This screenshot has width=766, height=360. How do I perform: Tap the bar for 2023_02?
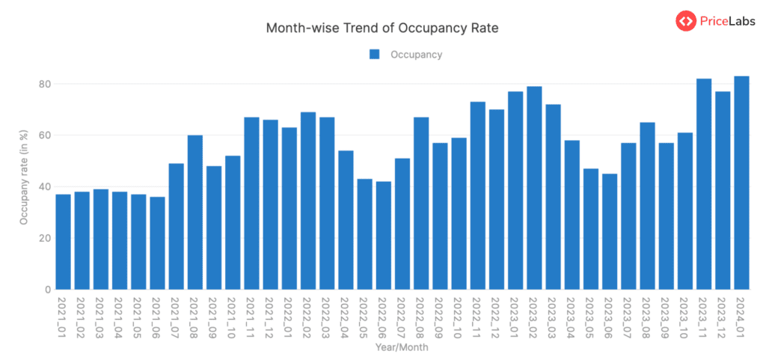[534, 188]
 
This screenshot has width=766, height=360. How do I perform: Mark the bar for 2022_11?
[477, 195]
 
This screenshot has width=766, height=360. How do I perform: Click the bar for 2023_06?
[610, 232]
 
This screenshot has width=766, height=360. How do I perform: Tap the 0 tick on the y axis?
[46, 290]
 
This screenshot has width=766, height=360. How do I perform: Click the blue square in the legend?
[375, 54]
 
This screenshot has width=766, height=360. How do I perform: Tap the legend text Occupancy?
[416, 54]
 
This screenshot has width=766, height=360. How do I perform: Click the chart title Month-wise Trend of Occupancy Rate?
[382, 28]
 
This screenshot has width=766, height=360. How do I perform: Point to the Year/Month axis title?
[402, 347]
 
